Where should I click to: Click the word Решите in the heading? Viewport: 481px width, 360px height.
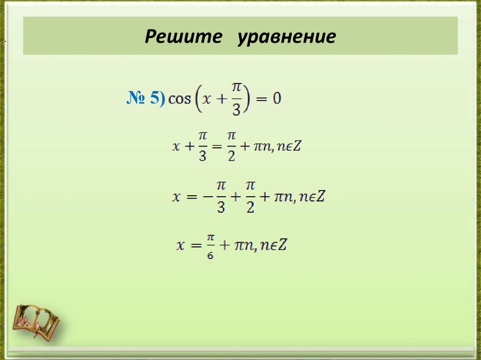183,37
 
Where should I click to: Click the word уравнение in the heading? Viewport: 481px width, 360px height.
286,38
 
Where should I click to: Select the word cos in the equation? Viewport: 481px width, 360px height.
179,99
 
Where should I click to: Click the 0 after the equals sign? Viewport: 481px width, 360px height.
277,99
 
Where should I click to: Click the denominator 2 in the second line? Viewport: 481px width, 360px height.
231,155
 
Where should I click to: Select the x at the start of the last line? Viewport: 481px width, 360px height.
180,245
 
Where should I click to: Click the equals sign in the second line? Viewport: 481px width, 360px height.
216,146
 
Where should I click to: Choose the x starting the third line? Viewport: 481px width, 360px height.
176,197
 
